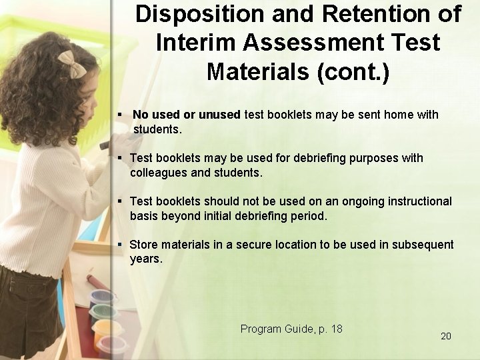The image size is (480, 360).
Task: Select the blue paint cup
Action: coord(99,297)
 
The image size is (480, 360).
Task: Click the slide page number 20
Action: coord(446,336)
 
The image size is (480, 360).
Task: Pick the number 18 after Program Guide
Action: coord(336,329)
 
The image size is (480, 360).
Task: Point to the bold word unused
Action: coord(219,115)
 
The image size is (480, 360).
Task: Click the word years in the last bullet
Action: coord(145,259)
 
